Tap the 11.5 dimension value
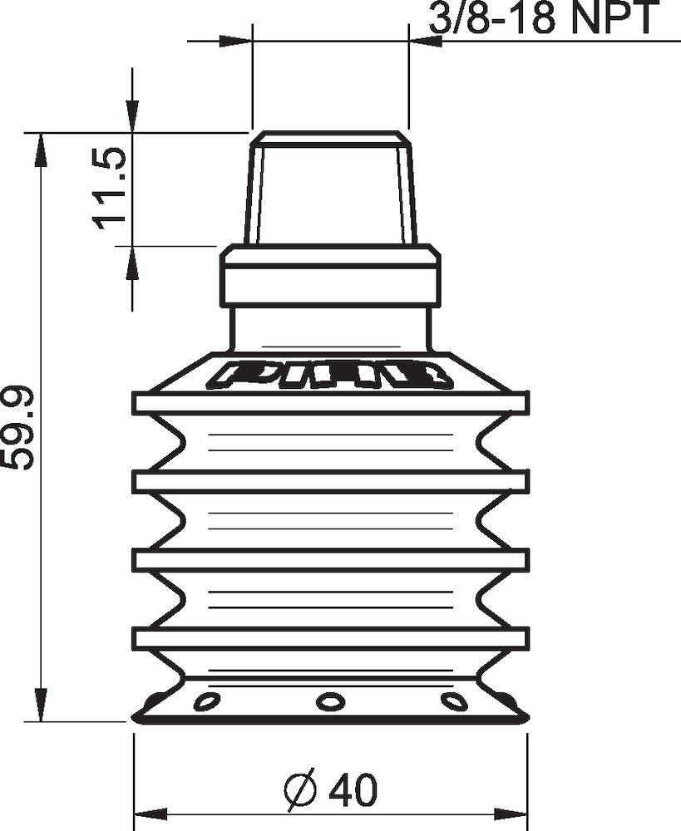point(111,188)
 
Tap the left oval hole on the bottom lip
point(205,702)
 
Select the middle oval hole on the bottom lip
point(330,701)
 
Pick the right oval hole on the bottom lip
point(454,702)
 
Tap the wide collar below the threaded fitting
point(330,277)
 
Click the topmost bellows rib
point(330,403)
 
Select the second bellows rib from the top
point(330,481)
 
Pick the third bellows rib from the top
point(330,559)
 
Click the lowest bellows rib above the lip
point(330,638)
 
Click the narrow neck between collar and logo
point(330,329)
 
